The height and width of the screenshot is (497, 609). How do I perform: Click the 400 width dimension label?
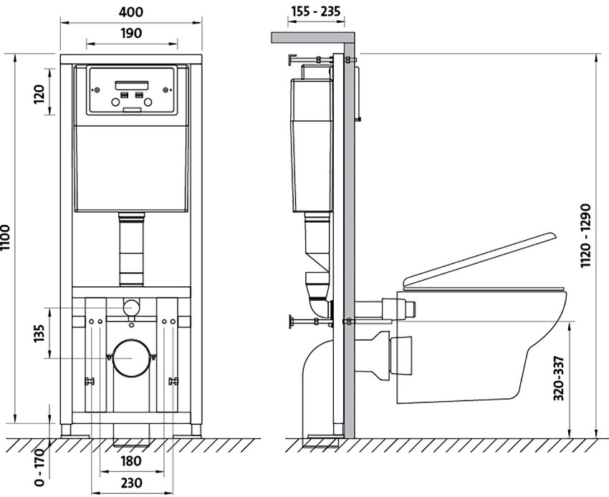coord(132,12)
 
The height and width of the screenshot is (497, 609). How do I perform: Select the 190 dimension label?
coord(132,33)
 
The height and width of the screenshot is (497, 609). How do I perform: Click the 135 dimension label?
coord(40,334)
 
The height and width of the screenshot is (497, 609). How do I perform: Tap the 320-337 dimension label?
coord(560,380)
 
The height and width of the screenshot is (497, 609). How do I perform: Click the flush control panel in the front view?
coord(132,91)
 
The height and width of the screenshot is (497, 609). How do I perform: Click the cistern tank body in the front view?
coord(132,168)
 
